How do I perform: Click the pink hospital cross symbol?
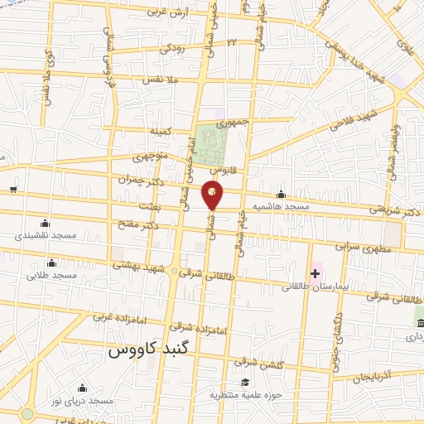315,272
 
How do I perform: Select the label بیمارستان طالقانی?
311,287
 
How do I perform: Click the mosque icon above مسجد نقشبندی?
44,223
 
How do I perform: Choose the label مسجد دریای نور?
81,401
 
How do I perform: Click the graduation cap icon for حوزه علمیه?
245,382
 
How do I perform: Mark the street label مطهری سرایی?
358,246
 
